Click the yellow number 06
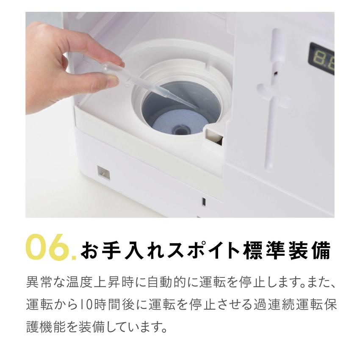(x=47, y=247)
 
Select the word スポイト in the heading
(x=192, y=251)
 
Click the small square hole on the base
(x=103, y=172)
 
